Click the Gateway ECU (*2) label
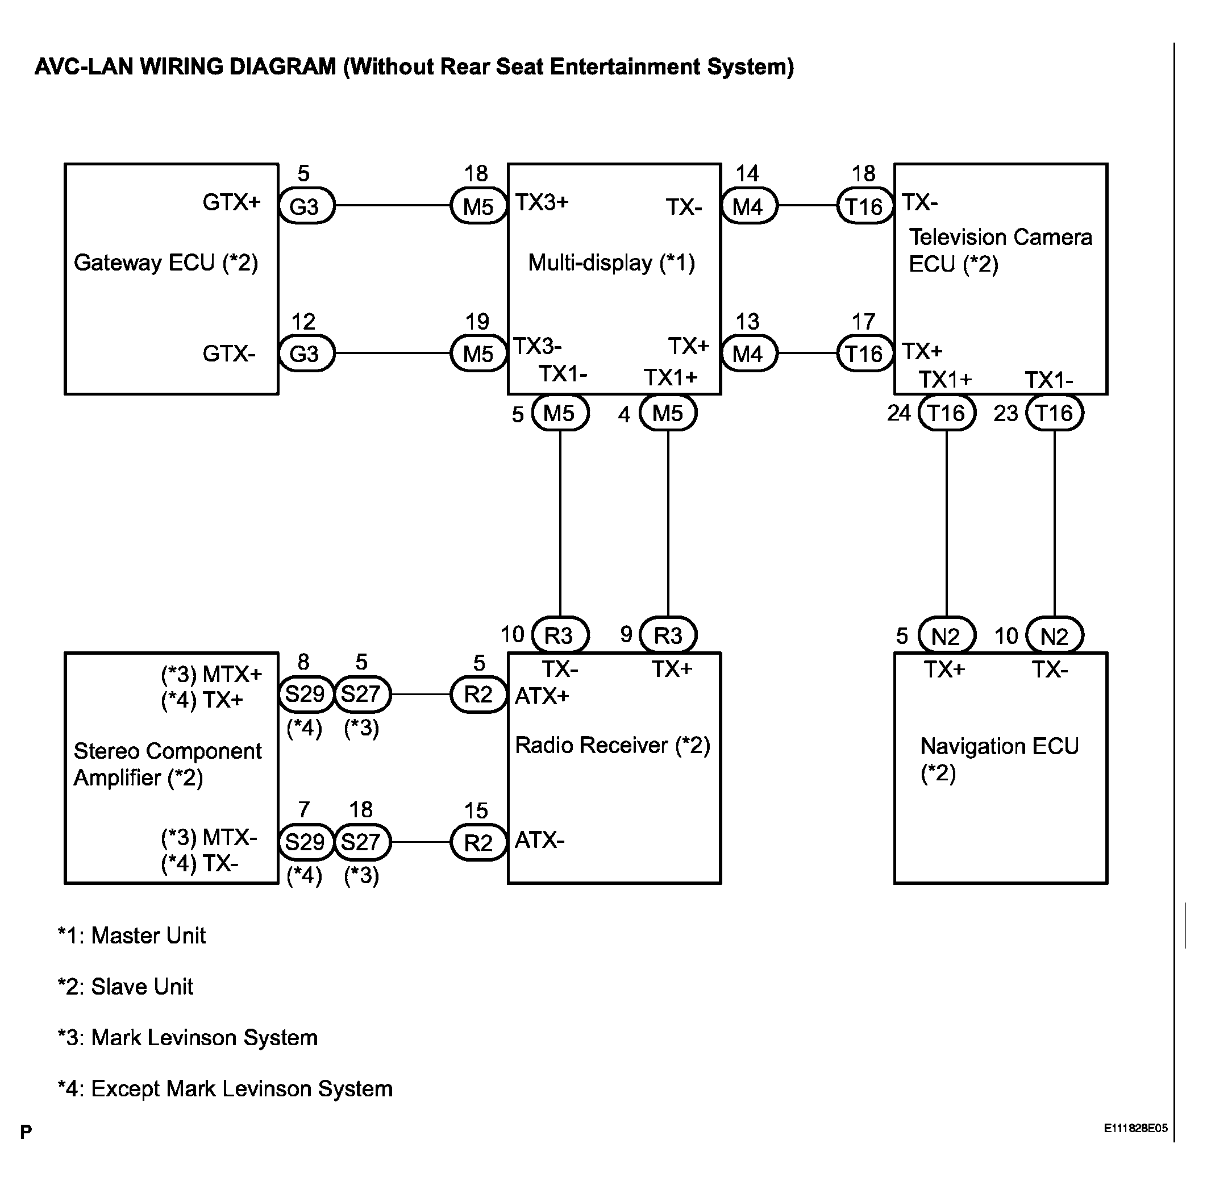[x=165, y=263]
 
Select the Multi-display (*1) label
[x=611, y=263]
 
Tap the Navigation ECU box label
[x=999, y=759]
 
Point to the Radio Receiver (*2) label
[x=612, y=745]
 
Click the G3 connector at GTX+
[x=306, y=206]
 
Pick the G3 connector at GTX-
[x=306, y=354]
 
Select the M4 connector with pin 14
[x=749, y=206]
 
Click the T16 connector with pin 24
[x=946, y=413]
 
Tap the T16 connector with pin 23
[x=1055, y=413]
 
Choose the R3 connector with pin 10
[x=560, y=635]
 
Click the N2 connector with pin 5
[x=946, y=635]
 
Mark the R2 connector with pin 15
[x=478, y=843]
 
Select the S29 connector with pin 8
[x=306, y=694]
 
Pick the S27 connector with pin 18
[x=362, y=842]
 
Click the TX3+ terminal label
[x=542, y=202]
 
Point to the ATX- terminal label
[x=539, y=840]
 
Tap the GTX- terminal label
[x=229, y=354]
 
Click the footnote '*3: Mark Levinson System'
[x=188, y=1037]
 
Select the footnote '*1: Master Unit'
[x=131, y=935]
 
